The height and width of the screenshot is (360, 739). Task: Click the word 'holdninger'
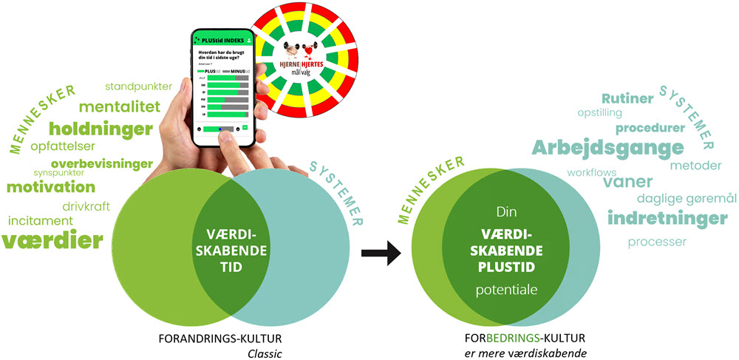point(101,129)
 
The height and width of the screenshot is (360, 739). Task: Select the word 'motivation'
point(51,186)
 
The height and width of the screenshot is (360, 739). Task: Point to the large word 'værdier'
point(52,241)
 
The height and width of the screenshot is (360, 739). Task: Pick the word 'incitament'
point(41,220)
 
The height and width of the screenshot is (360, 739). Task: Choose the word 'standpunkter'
point(138,86)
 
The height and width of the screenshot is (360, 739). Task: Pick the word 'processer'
point(657,242)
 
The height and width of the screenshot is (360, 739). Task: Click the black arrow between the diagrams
point(380,254)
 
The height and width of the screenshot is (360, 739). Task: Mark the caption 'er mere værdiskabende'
point(523,353)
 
